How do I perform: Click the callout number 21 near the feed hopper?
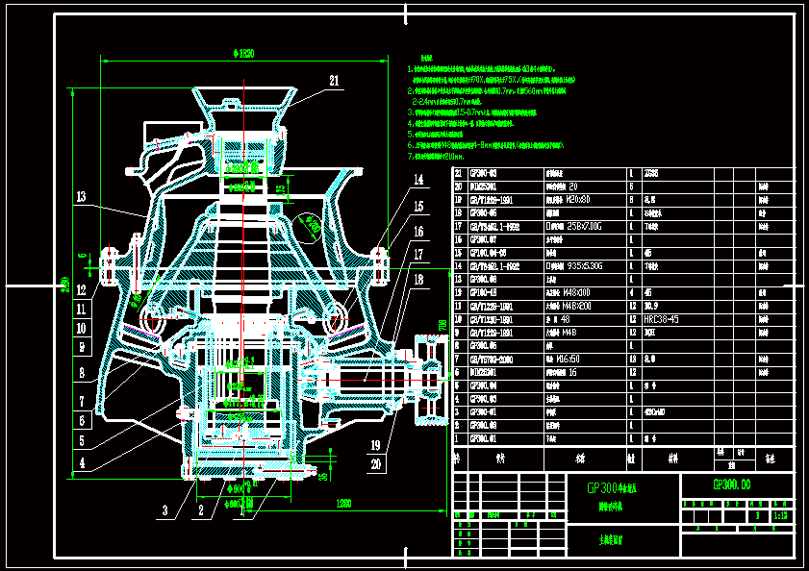click(334, 81)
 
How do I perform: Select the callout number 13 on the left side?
click(82, 197)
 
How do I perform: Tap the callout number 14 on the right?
click(418, 180)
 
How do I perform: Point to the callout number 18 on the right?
click(418, 280)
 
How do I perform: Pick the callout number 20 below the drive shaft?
click(374, 463)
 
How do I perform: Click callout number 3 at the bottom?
click(164, 509)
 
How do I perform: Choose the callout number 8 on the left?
click(82, 371)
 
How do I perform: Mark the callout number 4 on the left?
click(82, 462)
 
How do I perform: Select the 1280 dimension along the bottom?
click(342, 503)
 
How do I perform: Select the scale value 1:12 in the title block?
click(780, 515)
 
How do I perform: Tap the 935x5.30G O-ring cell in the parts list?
click(590, 264)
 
